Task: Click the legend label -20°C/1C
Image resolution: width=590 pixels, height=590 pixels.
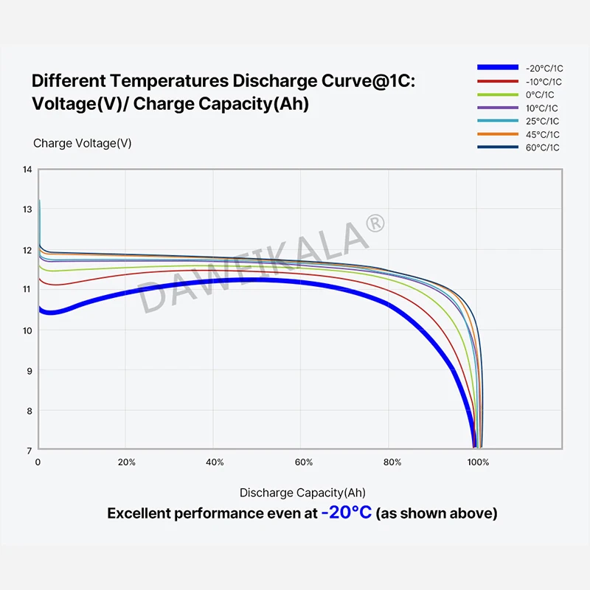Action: (544, 68)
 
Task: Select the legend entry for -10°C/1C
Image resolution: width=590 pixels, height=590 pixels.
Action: (544, 82)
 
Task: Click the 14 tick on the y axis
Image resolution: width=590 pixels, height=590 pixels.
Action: (27, 170)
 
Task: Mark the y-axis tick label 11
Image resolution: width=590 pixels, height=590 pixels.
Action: (27, 290)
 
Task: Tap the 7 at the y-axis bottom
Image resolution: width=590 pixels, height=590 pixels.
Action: (29, 450)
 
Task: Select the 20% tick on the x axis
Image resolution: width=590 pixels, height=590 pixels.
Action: (127, 462)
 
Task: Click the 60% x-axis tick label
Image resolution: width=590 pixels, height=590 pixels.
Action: (304, 462)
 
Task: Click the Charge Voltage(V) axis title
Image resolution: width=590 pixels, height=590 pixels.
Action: (83, 143)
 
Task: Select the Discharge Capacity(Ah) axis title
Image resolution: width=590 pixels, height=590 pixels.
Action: (302, 493)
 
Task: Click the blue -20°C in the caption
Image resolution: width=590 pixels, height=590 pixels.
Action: (347, 513)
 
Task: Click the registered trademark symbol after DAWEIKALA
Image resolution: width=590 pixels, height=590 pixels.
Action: (375, 222)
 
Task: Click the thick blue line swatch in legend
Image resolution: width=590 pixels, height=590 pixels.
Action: (499, 68)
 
